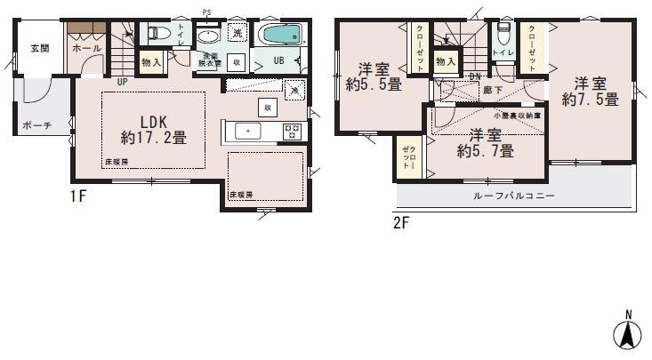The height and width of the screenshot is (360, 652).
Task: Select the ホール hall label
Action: [86, 48]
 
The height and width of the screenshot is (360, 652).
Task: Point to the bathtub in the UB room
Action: [283, 36]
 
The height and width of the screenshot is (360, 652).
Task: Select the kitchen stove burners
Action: [292, 132]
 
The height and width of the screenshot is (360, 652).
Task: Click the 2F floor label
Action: [402, 222]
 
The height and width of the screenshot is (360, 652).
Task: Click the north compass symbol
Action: [626, 334]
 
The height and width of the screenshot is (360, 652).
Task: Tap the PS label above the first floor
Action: [206, 12]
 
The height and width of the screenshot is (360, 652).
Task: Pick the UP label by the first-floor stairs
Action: [121, 82]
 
